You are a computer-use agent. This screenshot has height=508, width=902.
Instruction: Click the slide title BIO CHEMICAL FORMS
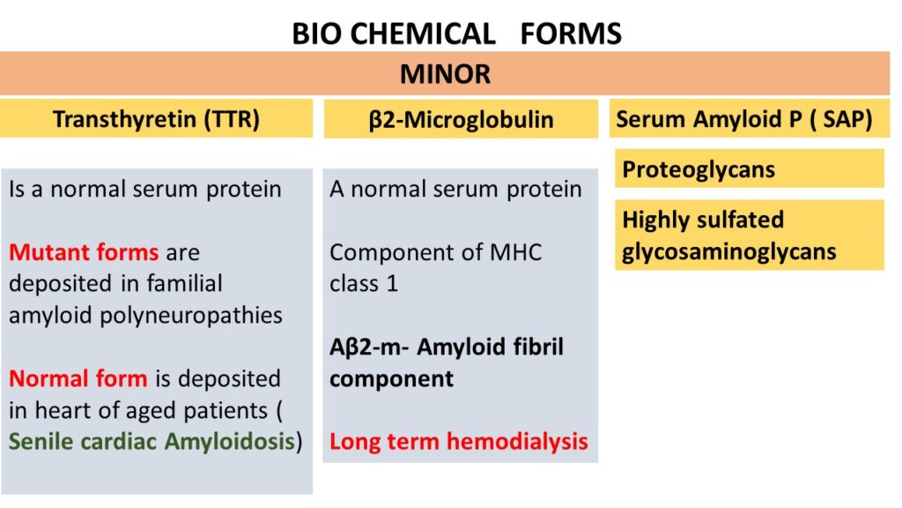457,34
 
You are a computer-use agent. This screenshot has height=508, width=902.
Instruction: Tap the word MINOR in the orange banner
445,74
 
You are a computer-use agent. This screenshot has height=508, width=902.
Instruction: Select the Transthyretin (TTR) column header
156,119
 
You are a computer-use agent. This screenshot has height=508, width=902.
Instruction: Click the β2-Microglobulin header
461,119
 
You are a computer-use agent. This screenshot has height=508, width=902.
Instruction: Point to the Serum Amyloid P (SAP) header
750,119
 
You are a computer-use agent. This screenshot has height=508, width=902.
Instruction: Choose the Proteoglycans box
750,168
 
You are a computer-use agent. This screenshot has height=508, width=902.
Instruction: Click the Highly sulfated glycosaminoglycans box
750,235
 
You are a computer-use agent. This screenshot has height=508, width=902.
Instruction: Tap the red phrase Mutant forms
84,252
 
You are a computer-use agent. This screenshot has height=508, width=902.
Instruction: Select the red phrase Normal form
78,378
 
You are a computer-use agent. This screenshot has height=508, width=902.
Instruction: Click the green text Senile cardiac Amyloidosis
152,442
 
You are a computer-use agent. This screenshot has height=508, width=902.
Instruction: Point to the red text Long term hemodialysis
459,442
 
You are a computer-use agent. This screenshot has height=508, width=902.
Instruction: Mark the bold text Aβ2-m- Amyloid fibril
447,347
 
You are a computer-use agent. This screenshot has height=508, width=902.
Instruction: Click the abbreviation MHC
515,252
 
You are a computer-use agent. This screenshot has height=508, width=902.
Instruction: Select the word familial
185,283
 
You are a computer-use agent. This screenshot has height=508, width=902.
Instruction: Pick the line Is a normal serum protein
145,190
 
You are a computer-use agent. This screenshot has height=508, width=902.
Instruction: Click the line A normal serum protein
455,190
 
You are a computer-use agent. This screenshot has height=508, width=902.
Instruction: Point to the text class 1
364,284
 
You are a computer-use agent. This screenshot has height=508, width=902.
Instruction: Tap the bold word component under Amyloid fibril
392,379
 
